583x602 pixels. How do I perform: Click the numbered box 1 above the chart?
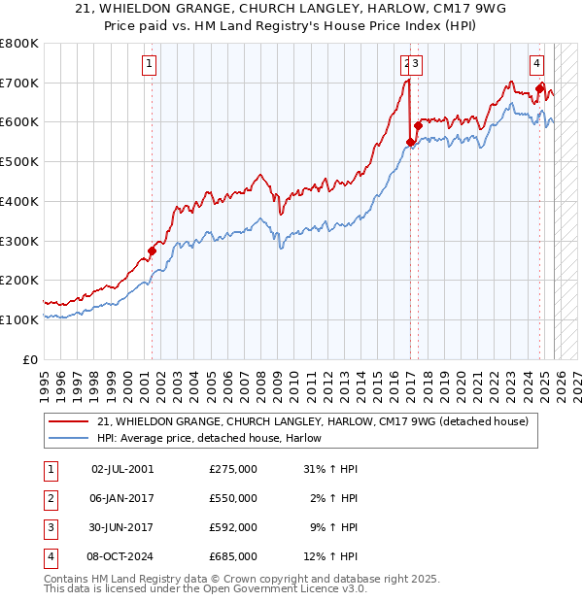click(150, 65)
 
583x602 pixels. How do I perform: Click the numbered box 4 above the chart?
click(536, 65)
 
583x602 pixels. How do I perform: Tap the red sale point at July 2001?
click(152, 251)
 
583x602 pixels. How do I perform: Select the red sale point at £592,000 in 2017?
click(418, 124)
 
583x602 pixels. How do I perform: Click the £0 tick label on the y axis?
click(29, 359)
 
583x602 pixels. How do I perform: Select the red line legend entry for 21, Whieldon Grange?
click(312, 422)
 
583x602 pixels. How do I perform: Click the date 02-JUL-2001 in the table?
click(122, 469)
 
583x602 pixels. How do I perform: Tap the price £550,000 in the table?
click(233, 498)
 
